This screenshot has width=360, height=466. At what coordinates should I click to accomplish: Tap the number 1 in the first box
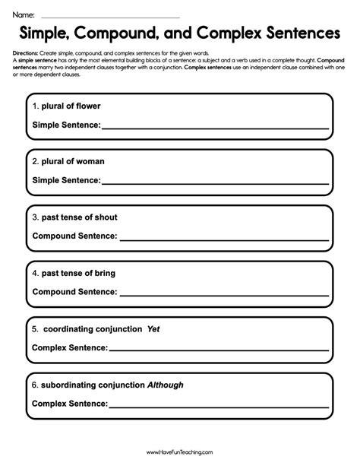[x=35, y=106]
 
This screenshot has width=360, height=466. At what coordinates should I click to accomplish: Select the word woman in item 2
[x=90, y=161]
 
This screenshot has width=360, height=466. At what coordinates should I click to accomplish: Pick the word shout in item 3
[x=105, y=217]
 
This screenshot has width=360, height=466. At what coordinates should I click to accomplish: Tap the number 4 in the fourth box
[x=35, y=272]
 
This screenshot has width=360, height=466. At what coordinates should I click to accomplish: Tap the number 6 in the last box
[x=35, y=385]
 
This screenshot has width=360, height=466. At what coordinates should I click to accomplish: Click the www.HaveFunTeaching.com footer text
[x=180, y=452]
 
